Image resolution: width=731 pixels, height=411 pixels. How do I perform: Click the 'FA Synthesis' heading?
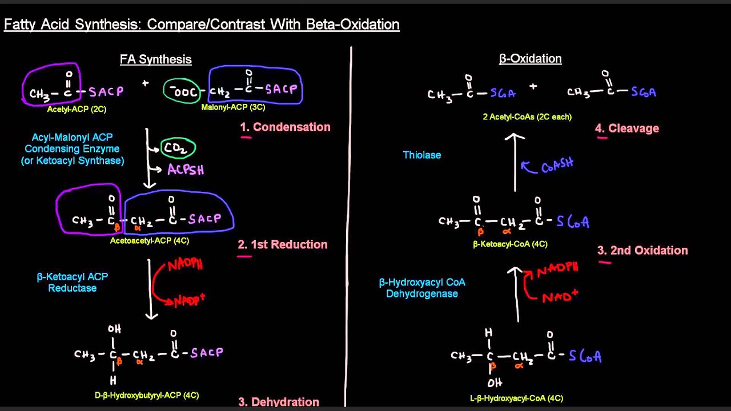coord(155,59)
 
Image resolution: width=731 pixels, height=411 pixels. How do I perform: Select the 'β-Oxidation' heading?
coord(530,58)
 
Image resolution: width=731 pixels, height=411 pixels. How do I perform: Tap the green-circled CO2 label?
coord(178,148)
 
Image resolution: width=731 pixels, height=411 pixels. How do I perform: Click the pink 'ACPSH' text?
coord(186,170)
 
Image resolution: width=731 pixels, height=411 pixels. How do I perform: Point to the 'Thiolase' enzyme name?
coord(421,155)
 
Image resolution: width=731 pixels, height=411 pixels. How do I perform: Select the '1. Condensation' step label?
coord(285,127)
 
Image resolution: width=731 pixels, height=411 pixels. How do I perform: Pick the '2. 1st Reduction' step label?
coord(283,244)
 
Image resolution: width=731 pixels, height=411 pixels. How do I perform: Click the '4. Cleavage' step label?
coord(627,128)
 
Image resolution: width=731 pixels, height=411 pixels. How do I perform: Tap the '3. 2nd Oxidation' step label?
coord(642,250)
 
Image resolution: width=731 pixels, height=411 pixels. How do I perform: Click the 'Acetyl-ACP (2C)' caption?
coord(77,109)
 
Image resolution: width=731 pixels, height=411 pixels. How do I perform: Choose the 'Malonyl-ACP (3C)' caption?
coord(233,107)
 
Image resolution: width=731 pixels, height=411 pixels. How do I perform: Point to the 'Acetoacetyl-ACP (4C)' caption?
coord(149,240)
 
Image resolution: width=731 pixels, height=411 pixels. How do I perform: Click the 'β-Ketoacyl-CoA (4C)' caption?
coord(510,244)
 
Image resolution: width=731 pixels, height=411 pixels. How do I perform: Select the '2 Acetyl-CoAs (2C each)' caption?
coord(527,116)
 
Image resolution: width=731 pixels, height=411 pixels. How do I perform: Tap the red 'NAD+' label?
coord(560,296)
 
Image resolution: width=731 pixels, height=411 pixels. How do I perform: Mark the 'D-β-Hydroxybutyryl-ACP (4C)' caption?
coord(146,395)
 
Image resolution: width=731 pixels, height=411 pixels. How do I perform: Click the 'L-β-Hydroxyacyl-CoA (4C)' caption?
coord(516,398)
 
